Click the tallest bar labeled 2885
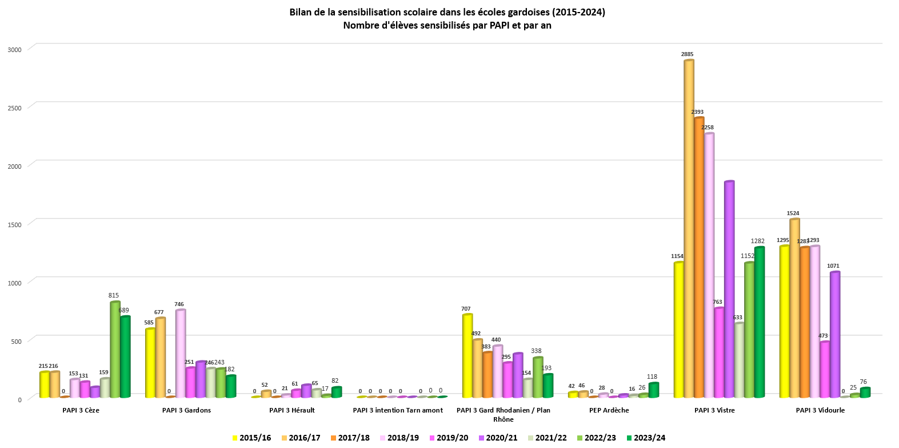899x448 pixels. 689,229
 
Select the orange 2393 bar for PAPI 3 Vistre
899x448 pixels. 699,257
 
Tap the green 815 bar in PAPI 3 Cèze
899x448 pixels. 115,350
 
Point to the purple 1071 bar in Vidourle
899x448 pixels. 835,335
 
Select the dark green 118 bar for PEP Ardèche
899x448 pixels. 654,390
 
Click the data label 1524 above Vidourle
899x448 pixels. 793,213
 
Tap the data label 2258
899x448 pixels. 707,128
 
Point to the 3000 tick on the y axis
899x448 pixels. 14,49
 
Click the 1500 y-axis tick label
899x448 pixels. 14,224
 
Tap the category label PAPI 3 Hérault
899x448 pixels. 292,410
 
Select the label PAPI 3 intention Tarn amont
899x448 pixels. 398,410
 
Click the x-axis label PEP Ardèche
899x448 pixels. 609,410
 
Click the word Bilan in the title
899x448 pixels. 302,12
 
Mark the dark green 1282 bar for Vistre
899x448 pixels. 760,323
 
